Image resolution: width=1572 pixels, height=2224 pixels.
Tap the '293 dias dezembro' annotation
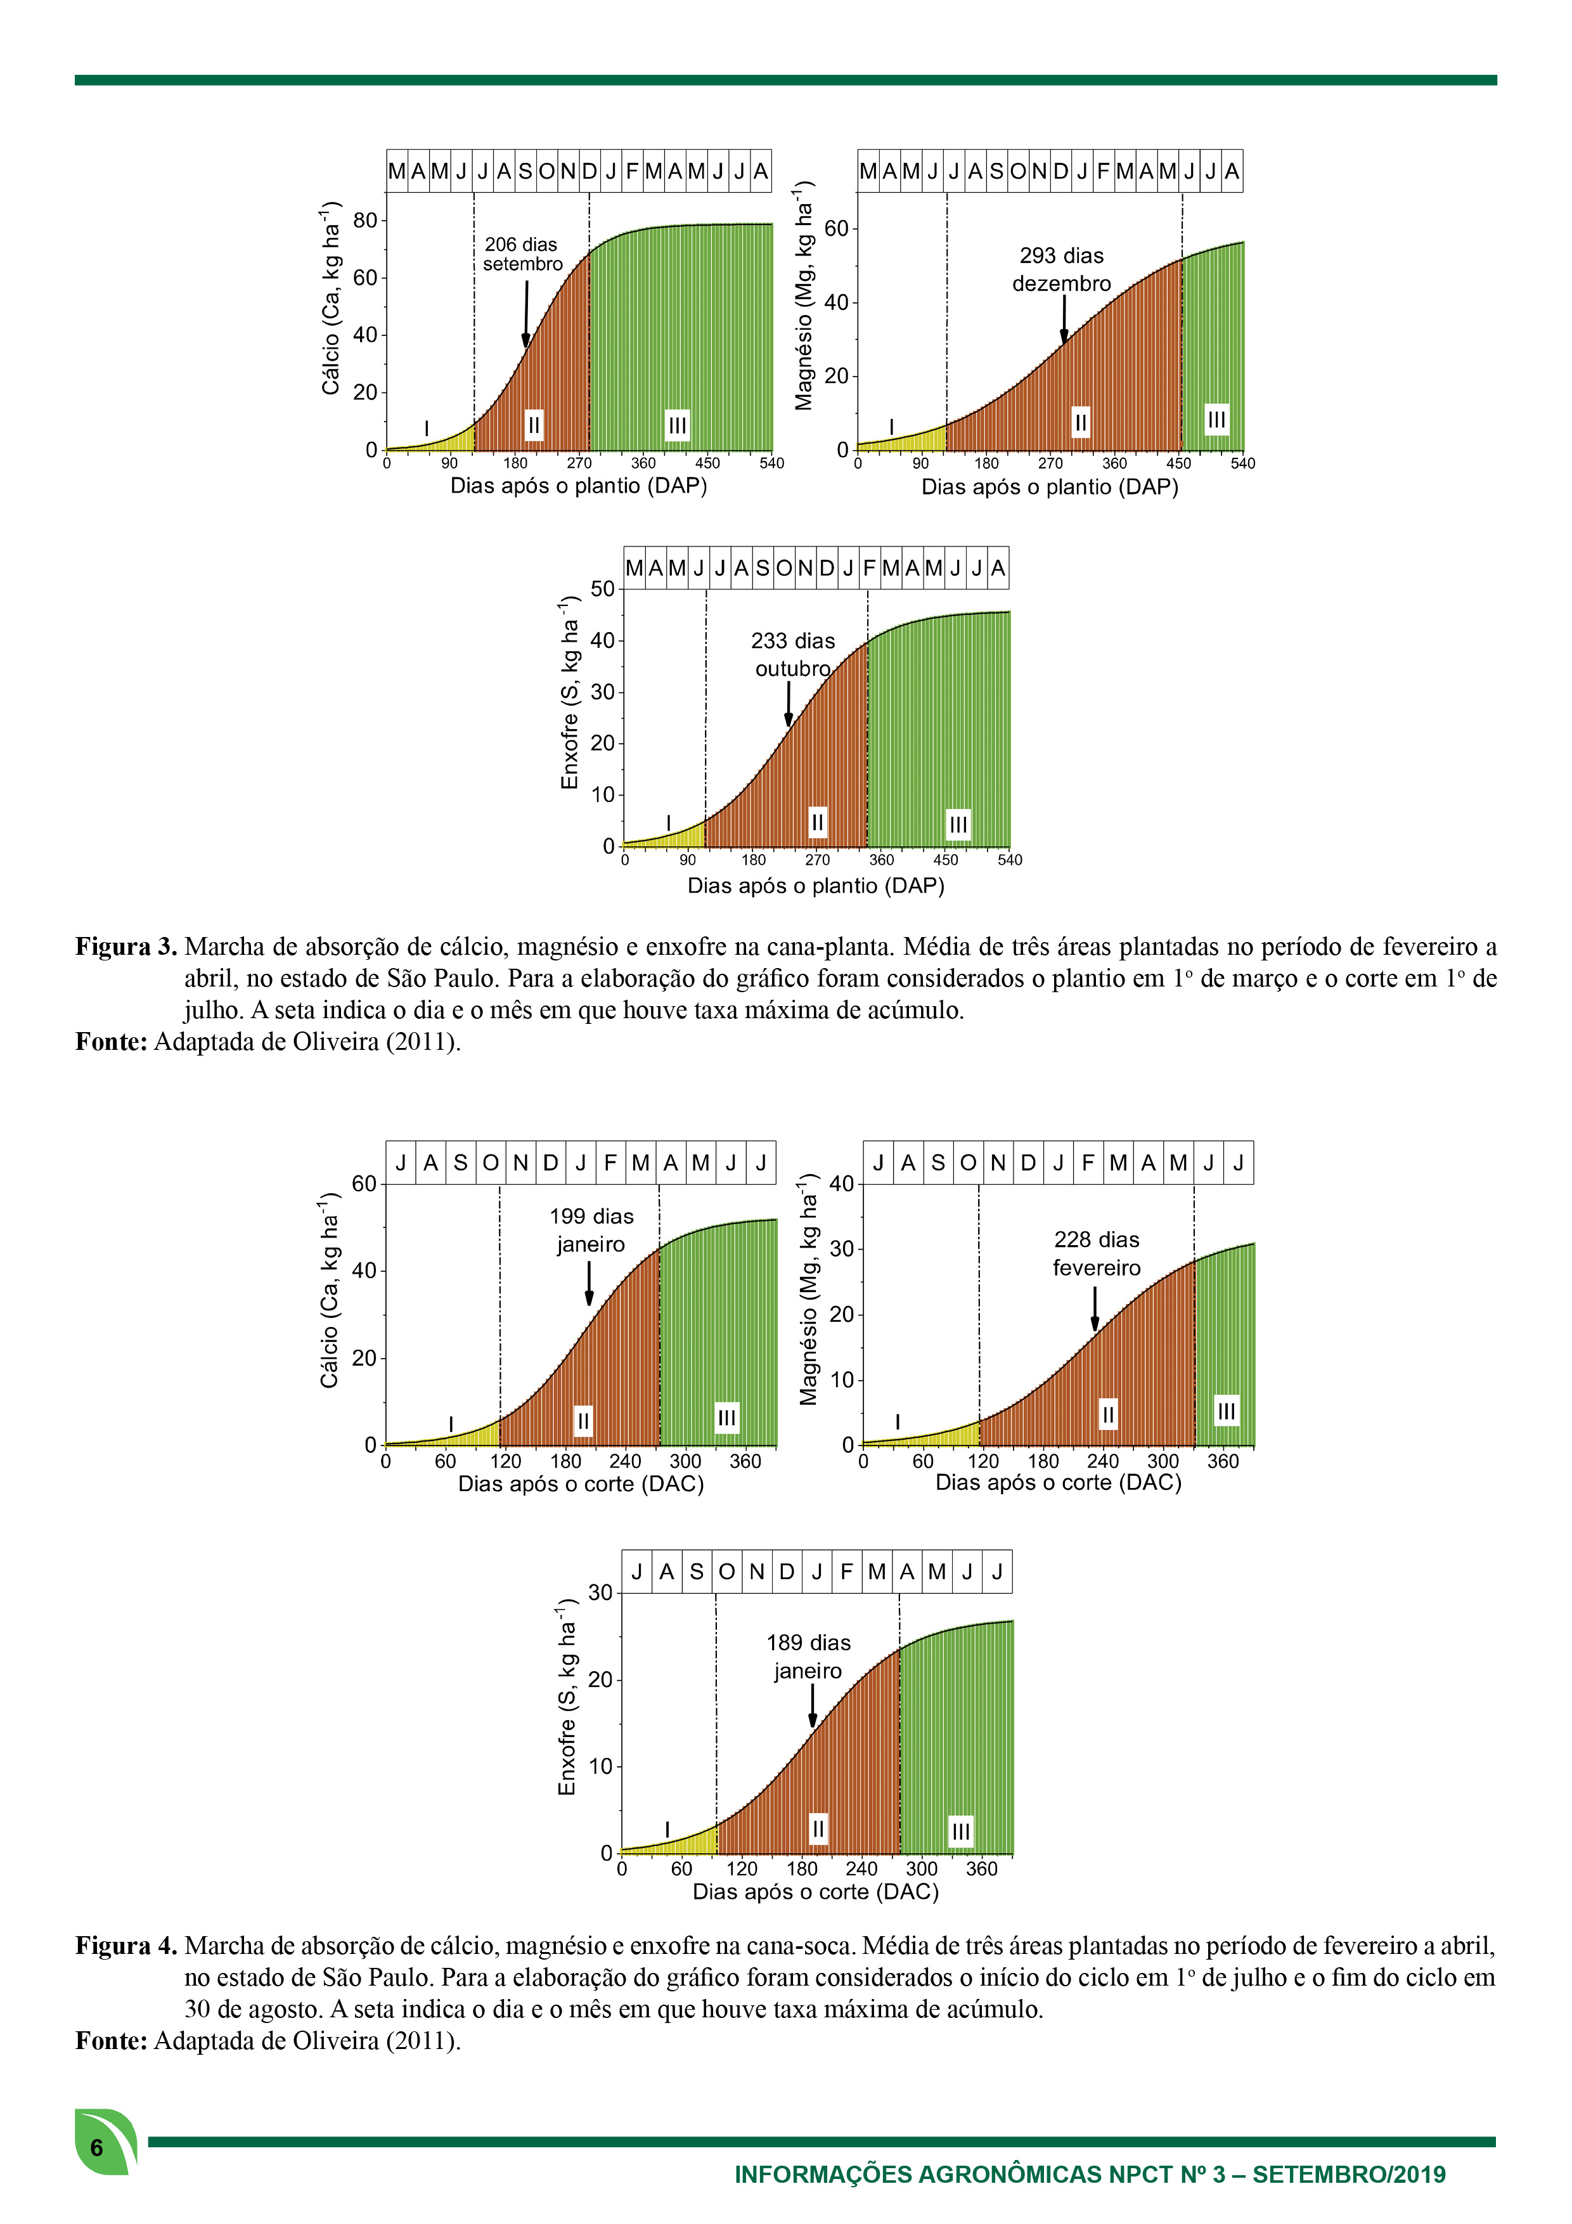click(1062, 269)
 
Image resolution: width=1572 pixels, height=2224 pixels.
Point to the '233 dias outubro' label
click(793, 655)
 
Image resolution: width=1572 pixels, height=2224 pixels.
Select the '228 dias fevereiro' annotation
click(1097, 1253)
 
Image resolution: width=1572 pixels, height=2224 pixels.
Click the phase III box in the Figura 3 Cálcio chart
click(677, 424)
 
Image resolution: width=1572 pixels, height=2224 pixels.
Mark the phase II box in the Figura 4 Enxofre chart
click(818, 1829)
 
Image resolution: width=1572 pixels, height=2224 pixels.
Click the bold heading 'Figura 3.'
click(126, 947)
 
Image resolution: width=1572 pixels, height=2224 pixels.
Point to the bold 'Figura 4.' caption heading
click(126, 1946)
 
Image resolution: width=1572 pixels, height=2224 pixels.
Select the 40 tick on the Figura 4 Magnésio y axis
click(842, 1184)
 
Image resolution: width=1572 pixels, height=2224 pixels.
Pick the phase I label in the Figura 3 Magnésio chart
click(891, 427)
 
